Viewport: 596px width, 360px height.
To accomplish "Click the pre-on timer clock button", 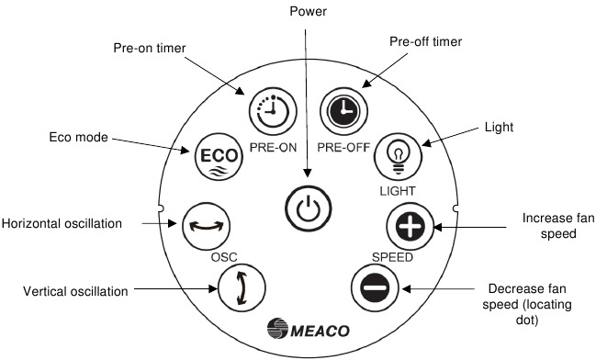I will pyautogui.click(x=268, y=110).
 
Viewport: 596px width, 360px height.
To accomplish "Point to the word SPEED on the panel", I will pyautogui.click(x=392, y=256).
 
